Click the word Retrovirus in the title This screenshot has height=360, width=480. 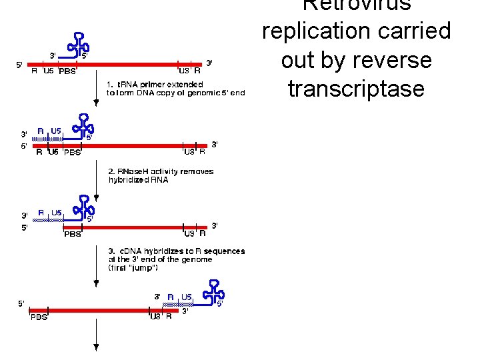point(357,5)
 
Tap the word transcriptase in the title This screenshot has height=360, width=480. point(356,89)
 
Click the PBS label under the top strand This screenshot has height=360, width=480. point(67,72)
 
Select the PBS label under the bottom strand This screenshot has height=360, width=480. point(39,317)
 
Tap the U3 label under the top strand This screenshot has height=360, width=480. point(183,71)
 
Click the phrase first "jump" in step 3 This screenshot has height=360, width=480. point(133,268)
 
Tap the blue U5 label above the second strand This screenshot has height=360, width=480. point(57,131)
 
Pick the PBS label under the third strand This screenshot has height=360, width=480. point(72,234)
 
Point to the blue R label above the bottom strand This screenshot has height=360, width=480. point(171,296)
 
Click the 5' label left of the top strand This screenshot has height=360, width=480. point(19,65)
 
